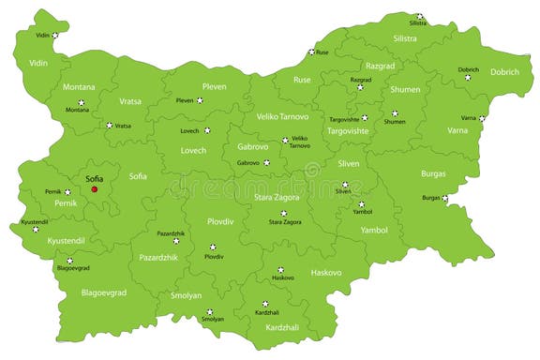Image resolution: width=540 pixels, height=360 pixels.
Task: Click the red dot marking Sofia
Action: point(95,189)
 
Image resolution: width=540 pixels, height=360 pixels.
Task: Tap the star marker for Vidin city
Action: point(55,36)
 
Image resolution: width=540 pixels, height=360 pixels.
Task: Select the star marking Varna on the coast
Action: point(482,119)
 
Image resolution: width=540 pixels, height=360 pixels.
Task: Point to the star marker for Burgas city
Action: point(445,198)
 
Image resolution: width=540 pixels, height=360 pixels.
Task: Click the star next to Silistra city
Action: point(420,16)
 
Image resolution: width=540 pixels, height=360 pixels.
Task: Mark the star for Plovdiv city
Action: point(212,247)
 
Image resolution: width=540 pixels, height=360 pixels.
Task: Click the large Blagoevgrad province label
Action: point(103,292)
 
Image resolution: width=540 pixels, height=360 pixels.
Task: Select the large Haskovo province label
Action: point(326,273)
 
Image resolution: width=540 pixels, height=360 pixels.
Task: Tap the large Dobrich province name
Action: point(504,72)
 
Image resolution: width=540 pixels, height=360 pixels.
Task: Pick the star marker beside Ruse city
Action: point(311,52)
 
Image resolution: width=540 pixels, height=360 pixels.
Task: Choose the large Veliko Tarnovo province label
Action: point(281,116)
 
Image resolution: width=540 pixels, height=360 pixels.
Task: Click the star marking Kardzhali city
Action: point(265,304)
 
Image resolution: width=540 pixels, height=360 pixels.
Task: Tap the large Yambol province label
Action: point(374,230)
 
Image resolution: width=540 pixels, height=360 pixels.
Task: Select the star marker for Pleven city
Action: point(201,99)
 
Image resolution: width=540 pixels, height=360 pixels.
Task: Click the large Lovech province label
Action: point(193,150)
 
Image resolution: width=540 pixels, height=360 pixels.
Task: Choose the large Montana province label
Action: point(79,87)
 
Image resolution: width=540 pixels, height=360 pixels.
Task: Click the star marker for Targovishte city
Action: point(365,118)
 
